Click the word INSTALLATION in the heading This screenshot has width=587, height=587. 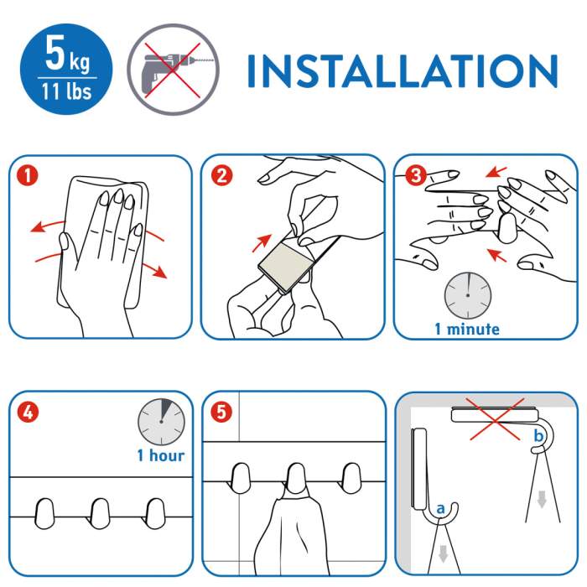(x=403, y=71)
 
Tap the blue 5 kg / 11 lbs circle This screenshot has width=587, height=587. (x=66, y=69)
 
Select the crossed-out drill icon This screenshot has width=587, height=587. (x=173, y=70)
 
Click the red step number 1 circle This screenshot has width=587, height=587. (x=28, y=175)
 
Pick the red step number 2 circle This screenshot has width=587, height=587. (x=221, y=175)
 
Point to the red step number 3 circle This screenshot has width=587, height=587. (x=416, y=174)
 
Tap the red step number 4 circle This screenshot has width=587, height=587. (x=28, y=413)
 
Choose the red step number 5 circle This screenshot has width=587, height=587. (x=221, y=413)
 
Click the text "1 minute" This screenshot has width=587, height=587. (x=467, y=329)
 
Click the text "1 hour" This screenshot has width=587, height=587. (x=161, y=455)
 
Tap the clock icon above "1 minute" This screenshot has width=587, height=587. (x=468, y=295)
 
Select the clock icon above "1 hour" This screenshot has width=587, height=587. (x=161, y=422)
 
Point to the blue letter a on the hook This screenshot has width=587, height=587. (x=440, y=508)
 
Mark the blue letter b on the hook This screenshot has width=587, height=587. (x=538, y=435)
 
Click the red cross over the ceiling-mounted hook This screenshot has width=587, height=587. (x=495, y=419)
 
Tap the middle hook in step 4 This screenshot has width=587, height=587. (x=100, y=513)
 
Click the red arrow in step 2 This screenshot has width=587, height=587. (x=262, y=243)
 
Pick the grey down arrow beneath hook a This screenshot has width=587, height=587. (x=444, y=554)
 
